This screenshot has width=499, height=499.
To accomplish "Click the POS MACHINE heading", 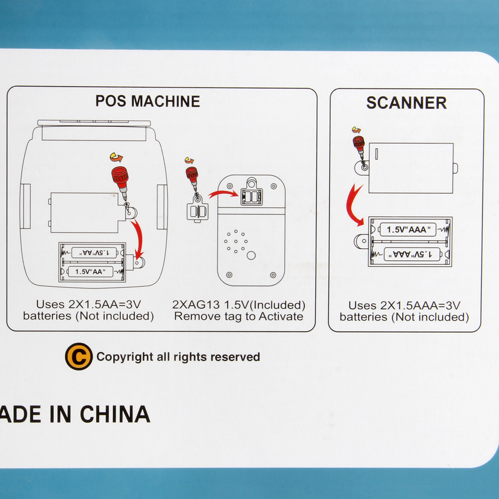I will (x=148, y=101).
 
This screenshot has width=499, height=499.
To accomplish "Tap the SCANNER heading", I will (x=406, y=103).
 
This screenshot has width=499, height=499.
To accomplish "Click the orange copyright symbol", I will (x=79, y=356).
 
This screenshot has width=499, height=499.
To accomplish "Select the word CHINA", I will (x=115, y=414).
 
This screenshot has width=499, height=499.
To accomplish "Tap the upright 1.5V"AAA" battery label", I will (x=406, y=230).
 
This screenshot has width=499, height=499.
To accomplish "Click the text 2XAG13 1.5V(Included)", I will (x=239, y=305).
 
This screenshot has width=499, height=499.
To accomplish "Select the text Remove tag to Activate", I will (x=239, y=316).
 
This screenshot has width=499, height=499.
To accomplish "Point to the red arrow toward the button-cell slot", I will (x=223, y=194).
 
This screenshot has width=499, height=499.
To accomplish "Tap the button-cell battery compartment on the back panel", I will (x=252, y=197).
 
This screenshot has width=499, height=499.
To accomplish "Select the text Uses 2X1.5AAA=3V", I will (x=404, y=306).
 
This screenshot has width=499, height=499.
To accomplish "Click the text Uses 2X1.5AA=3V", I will (x=89, y=304).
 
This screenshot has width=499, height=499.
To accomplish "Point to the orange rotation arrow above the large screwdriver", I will (x=116, y=157).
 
